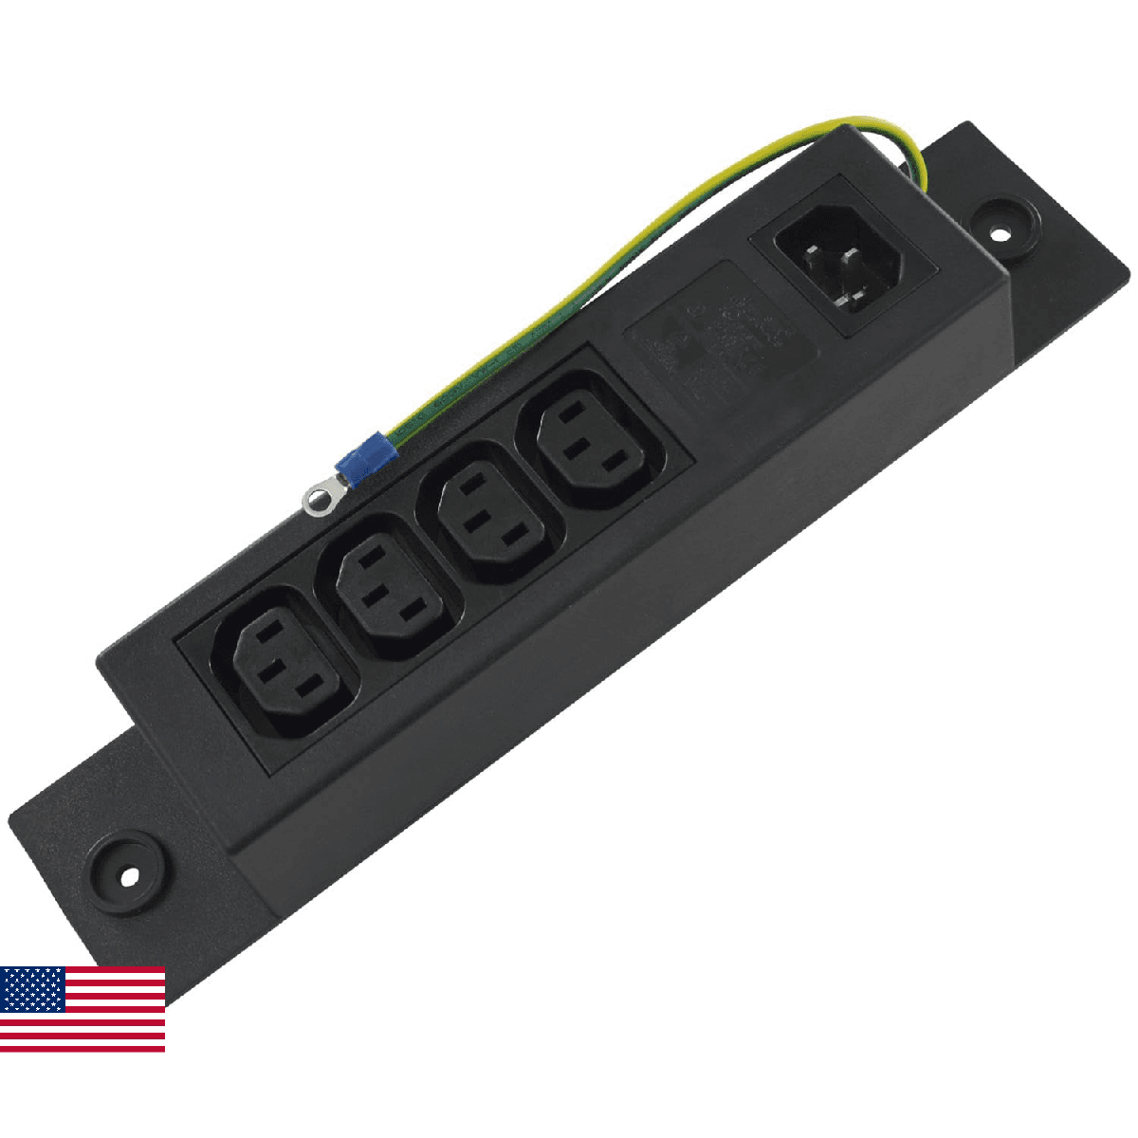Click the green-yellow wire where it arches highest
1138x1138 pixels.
835,123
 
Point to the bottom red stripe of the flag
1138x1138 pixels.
83,1047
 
